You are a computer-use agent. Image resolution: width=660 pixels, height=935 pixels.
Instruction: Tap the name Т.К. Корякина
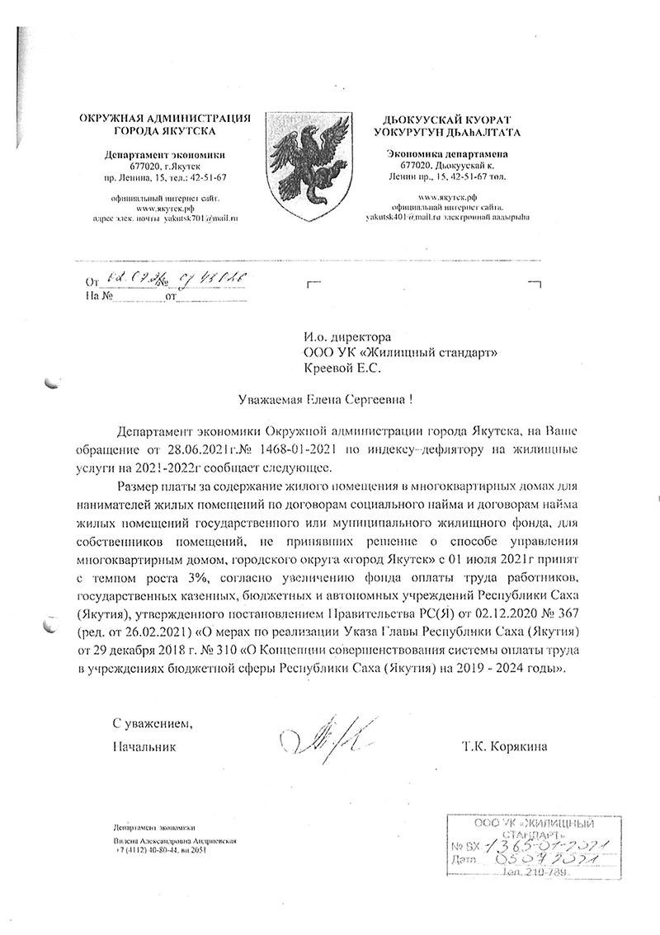coord(505,748)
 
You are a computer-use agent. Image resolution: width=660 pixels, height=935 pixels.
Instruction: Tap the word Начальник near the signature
coord(145,748)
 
